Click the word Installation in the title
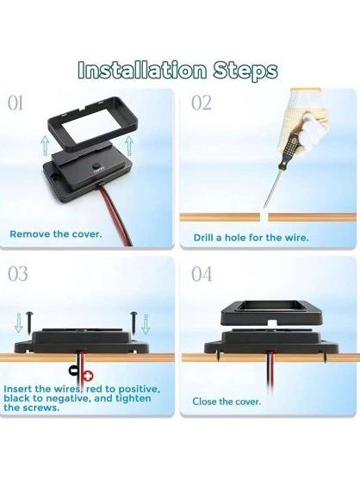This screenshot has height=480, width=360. (142, 70)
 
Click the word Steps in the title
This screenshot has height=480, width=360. (245, 72)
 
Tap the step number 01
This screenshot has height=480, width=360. (16, 103)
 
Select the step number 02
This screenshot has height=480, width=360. (202, 103)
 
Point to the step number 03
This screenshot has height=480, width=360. (18, 274)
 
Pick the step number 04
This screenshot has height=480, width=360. (202, 274)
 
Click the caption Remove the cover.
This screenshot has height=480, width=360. (56, 234)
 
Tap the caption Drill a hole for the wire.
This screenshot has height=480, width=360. (251, 238)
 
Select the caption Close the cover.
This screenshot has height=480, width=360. (227, 402)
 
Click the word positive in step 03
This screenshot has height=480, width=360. (140, 390)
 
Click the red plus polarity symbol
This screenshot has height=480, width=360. (88, 376)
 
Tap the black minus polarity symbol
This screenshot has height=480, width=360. (74, 370)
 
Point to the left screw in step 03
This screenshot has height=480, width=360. (30, 322)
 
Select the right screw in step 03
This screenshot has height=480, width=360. (134, 322)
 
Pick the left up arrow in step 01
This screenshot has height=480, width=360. (45, 146)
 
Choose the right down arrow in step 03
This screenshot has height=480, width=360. (146, 324)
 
